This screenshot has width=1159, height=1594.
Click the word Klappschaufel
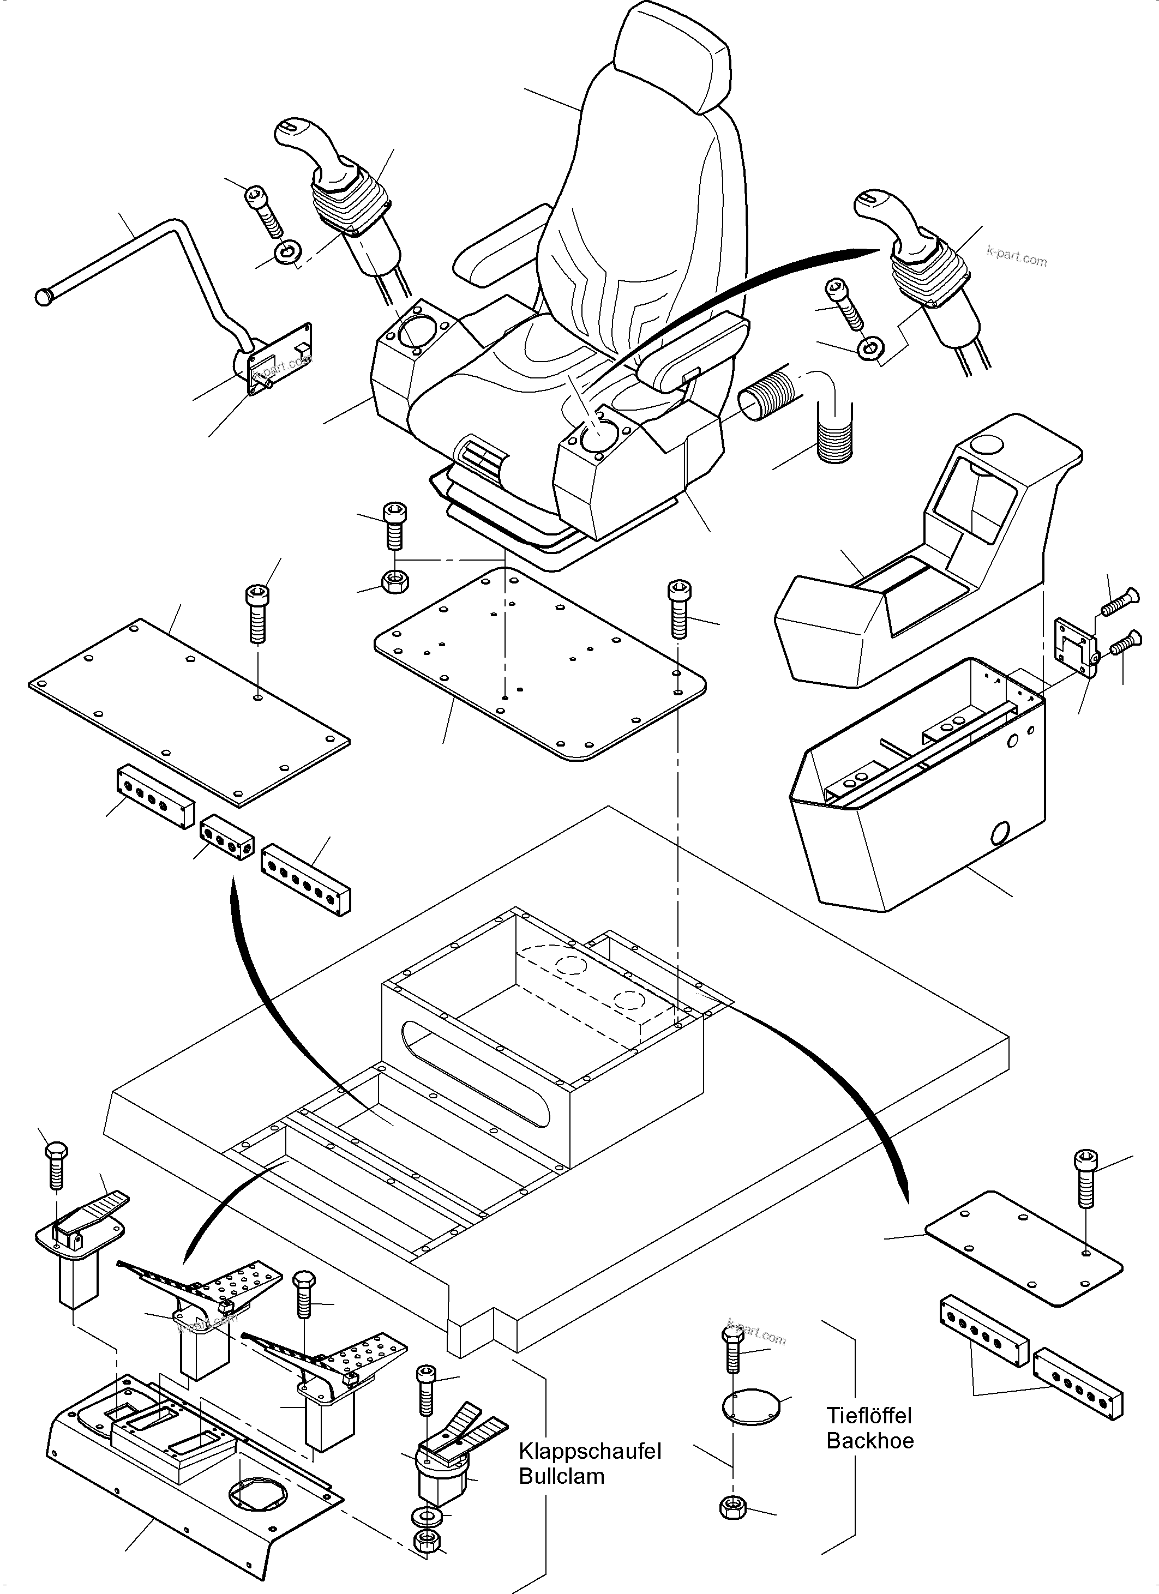(x=590, y=1451)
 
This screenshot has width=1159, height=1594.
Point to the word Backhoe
(x=869, y=1440)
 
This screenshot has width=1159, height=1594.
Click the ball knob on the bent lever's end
(x=44, y=297)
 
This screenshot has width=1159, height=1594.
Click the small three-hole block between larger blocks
(x=227, y=838)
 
